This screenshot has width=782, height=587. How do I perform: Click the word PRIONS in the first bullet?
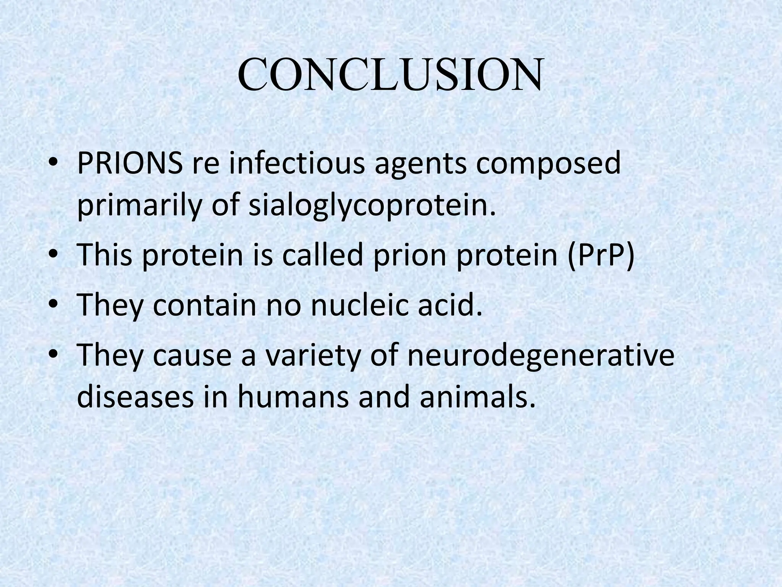[x=129, y=164]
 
